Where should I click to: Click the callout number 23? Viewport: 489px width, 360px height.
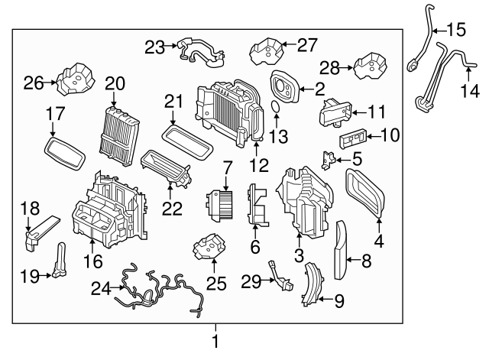[154, 47]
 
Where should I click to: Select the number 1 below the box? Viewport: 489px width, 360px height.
[215, 342]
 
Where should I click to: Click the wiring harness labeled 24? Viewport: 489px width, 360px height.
[160, 294]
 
